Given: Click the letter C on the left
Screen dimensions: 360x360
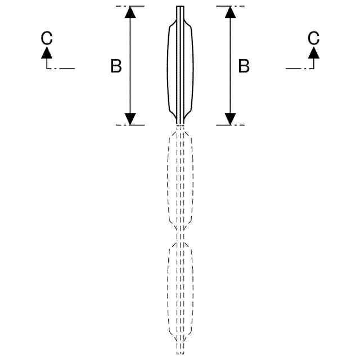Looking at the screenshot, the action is [47, 38].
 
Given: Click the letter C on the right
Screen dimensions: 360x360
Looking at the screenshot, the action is [313, 38].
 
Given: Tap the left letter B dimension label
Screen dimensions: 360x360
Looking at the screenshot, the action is [116, 66].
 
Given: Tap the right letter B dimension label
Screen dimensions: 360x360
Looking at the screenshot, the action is [244, 66].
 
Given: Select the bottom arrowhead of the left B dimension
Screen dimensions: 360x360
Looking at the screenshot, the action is [130, 119].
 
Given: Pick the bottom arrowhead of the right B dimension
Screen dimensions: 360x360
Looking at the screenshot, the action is [230, 119].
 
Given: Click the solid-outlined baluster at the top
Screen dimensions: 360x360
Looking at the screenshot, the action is [180, 67].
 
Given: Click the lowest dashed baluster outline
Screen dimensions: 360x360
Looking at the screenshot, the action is [180, 290].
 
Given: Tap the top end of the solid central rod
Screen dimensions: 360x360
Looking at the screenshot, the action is [180, 8].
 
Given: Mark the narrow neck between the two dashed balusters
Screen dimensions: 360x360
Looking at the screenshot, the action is [180, 236].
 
